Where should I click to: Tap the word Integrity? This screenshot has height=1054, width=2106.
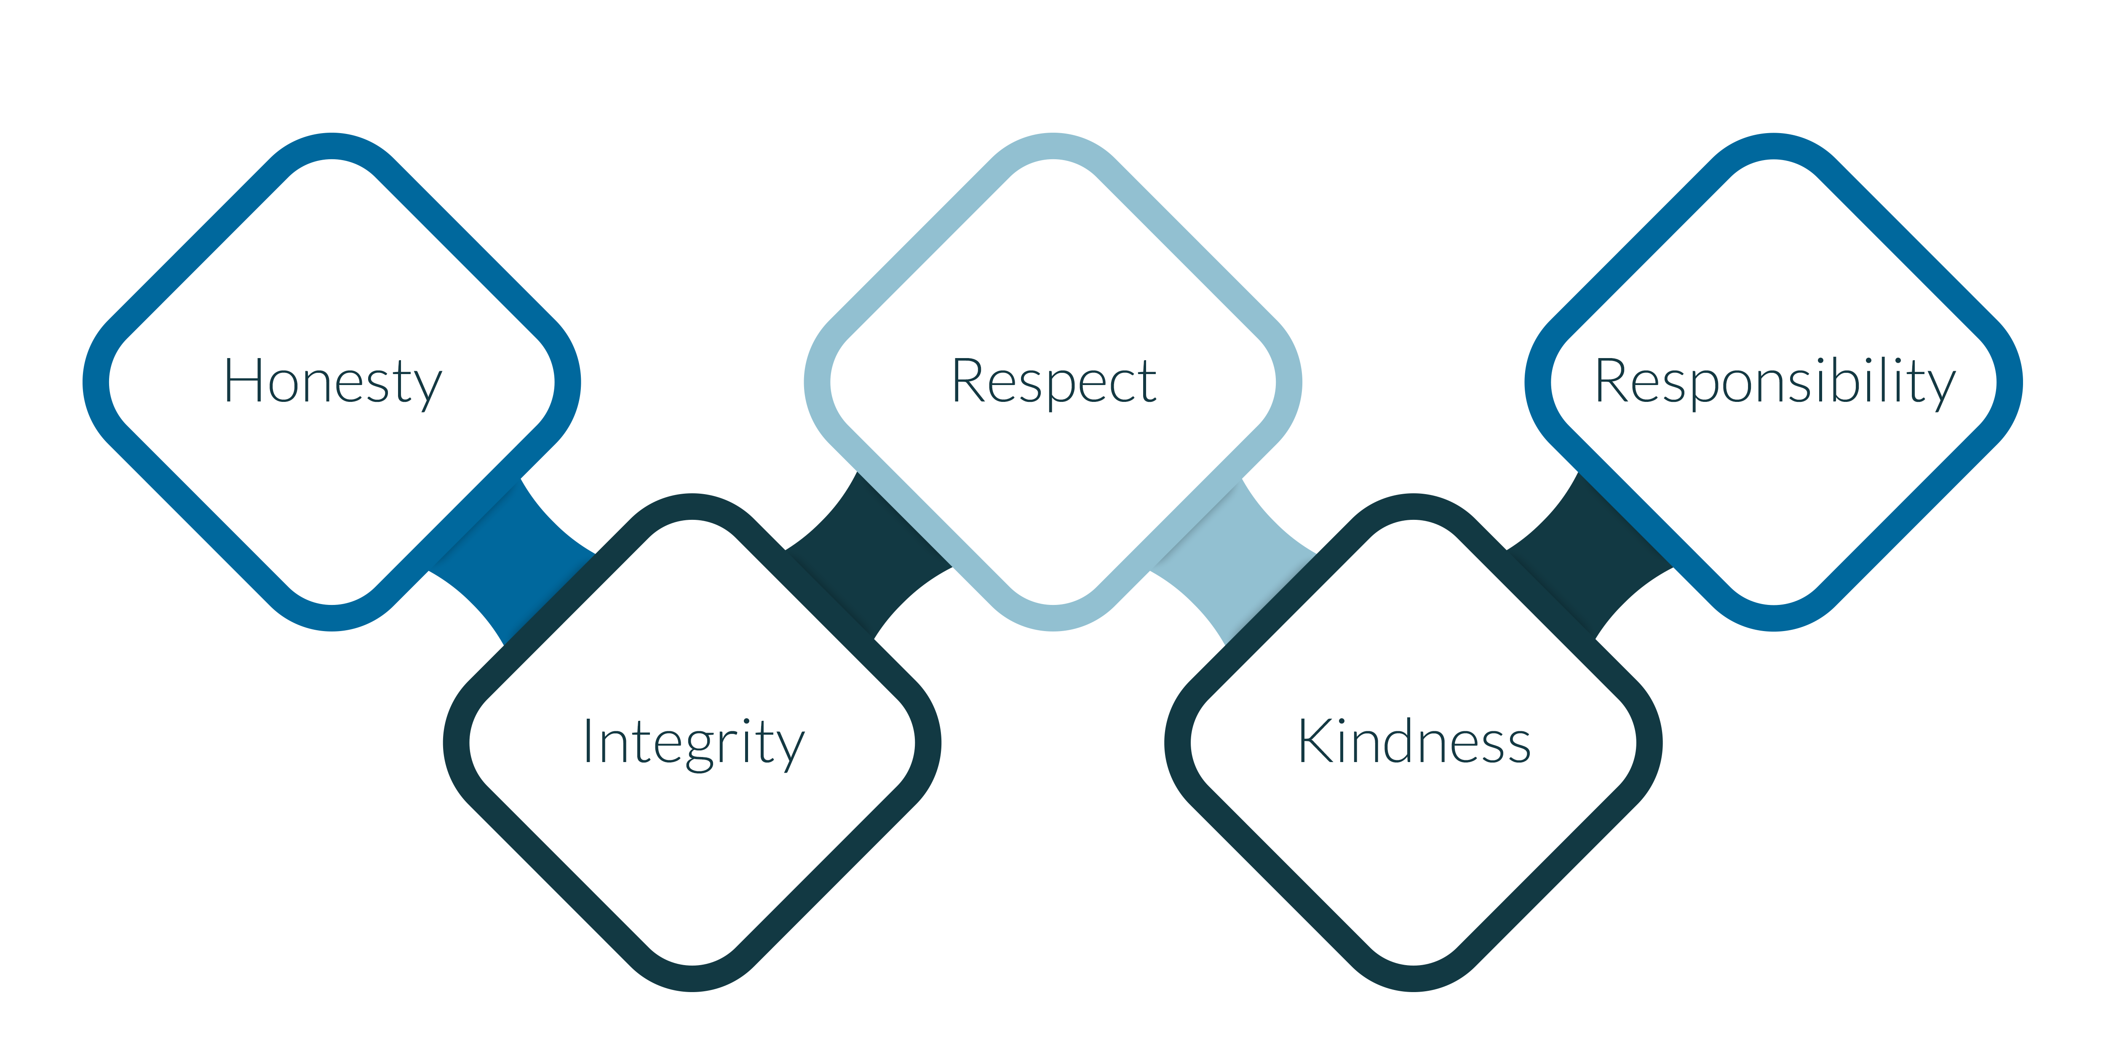click(693, 742)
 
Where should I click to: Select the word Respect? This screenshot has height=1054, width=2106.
click(1054, 381)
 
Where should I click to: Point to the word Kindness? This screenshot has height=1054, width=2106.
click(1414, 742)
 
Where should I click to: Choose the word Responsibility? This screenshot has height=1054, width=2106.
click(1775, 381)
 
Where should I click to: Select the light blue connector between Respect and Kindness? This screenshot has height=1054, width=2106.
click(1235, 562)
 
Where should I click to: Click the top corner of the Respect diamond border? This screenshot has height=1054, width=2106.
click(1054, 146)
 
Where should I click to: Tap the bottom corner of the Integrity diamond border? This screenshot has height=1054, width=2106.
click(693, 978)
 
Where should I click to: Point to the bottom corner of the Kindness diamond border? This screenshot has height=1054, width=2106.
click(1414, 978)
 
